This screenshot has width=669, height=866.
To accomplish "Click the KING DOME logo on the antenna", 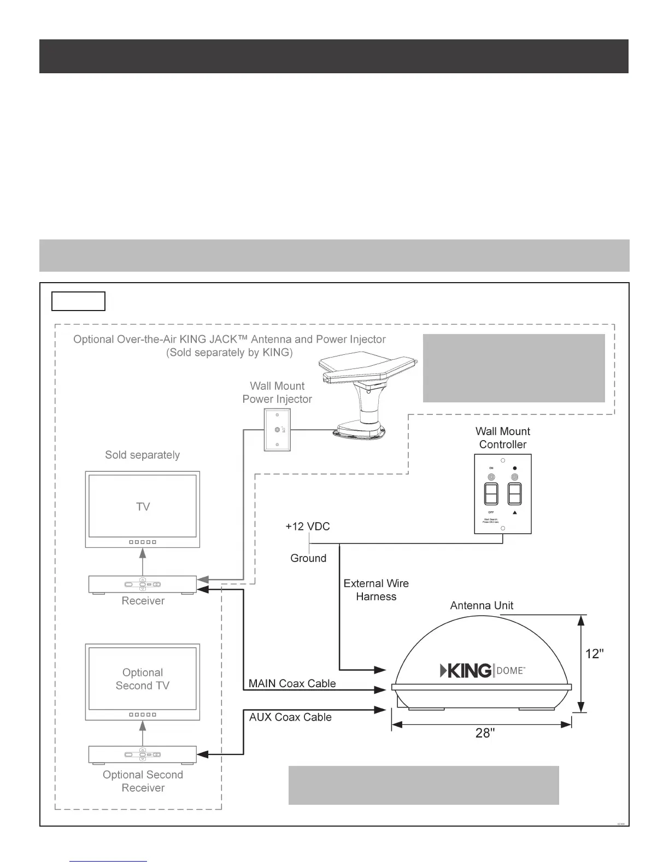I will pos(483,670).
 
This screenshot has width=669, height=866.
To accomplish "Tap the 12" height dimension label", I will pos(595,653).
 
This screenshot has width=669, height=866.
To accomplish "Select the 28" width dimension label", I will pos(485,733).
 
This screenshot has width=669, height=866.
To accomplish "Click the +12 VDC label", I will pos(308,526).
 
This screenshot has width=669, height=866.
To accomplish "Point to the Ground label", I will pos(308,558).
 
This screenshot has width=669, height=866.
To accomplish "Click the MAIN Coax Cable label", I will pos(292,683).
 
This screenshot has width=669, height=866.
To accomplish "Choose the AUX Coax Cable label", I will pos(290,717).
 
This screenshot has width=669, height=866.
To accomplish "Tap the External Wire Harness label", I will pos(376,590).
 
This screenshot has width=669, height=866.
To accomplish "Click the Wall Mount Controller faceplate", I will pos(503,494).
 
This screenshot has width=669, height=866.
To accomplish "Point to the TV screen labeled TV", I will pos(143,506).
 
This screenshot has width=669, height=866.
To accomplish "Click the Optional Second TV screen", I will pos(143,678).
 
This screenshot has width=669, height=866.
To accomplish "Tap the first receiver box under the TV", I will pos(143,584).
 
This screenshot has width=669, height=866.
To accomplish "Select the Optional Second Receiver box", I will pos(143,754).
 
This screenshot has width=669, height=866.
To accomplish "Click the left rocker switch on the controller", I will pos(491,494).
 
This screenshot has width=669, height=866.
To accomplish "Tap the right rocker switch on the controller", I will pos(514,494).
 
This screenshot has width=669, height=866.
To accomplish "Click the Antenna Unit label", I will pos(482,605).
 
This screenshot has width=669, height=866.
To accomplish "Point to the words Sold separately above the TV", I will pos(142,455).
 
